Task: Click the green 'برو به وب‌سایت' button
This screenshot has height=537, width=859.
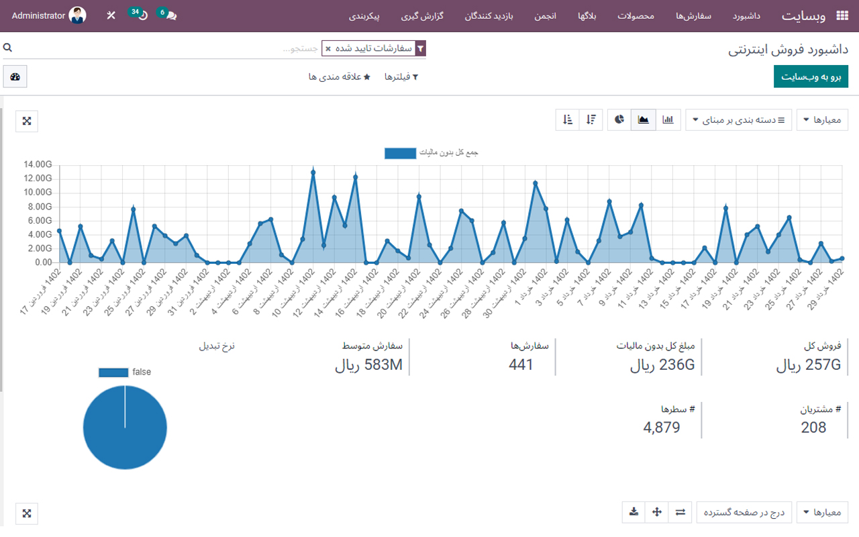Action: pyautogui.click(x=811, y=77)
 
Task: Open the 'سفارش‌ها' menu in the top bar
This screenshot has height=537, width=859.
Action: pyautogui.click(x=693, y=15)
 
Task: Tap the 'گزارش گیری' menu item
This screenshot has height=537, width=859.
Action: pyautogui.click(x=423, y=15)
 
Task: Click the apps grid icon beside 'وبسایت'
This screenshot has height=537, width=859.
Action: pyautogui.click(x=842, y=16)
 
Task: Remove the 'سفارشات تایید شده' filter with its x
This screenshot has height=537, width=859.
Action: pyautogui.click(x=327, y=49)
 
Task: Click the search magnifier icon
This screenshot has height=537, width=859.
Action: pyautogui.click(x=8, y=48)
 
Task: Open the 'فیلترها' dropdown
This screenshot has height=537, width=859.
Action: pyautogui.click(x=401, y=77)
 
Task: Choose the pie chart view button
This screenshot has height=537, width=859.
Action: pyautogui.click(x=619, y=120)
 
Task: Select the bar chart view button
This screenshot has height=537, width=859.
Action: pyautogui.click(x=668, y=120)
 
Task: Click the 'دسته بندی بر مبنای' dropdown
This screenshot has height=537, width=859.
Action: pyautogui.click(x=738, y=121)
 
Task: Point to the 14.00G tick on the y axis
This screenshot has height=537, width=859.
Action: pyautogui.click(x=38, y=164)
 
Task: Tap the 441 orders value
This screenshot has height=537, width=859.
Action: pyautogui.click(x=521, y=365)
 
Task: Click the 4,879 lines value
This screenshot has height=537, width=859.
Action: pyautogui.click(x=661, y=428)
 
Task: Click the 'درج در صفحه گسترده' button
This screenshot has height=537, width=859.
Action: pyautogui.click(x=744, y=512)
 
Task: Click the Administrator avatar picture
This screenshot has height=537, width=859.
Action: pyautogui.click(x=78, y=15)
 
